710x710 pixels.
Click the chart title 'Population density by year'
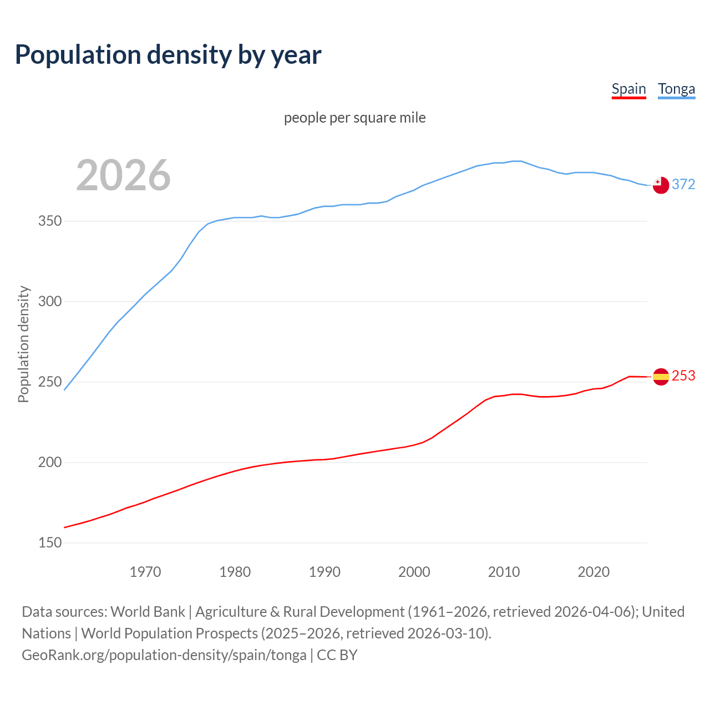point(168,54)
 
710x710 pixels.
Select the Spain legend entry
point(628,89)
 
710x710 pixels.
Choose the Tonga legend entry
point(676,89)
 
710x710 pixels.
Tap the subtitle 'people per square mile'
point(355,118)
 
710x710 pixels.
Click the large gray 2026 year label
point(123,175)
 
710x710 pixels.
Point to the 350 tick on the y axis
point(50,221)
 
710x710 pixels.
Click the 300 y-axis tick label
point(50,302)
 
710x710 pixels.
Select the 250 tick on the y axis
point(50,382)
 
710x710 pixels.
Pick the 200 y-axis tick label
point(50,462)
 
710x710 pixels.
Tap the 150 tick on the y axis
point(50,542)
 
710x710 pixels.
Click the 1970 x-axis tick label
point(145,572)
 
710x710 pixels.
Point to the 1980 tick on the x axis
point(235,572)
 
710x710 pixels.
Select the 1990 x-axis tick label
point(324,572)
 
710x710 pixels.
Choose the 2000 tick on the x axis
point(414,572)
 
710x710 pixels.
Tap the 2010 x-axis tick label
point(504,572)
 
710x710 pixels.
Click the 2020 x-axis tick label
point(594,572)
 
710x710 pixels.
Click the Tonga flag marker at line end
point(661,185)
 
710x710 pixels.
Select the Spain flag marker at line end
point(661,377)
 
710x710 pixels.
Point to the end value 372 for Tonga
point(683,184)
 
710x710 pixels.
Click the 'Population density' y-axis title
point(23,344)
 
